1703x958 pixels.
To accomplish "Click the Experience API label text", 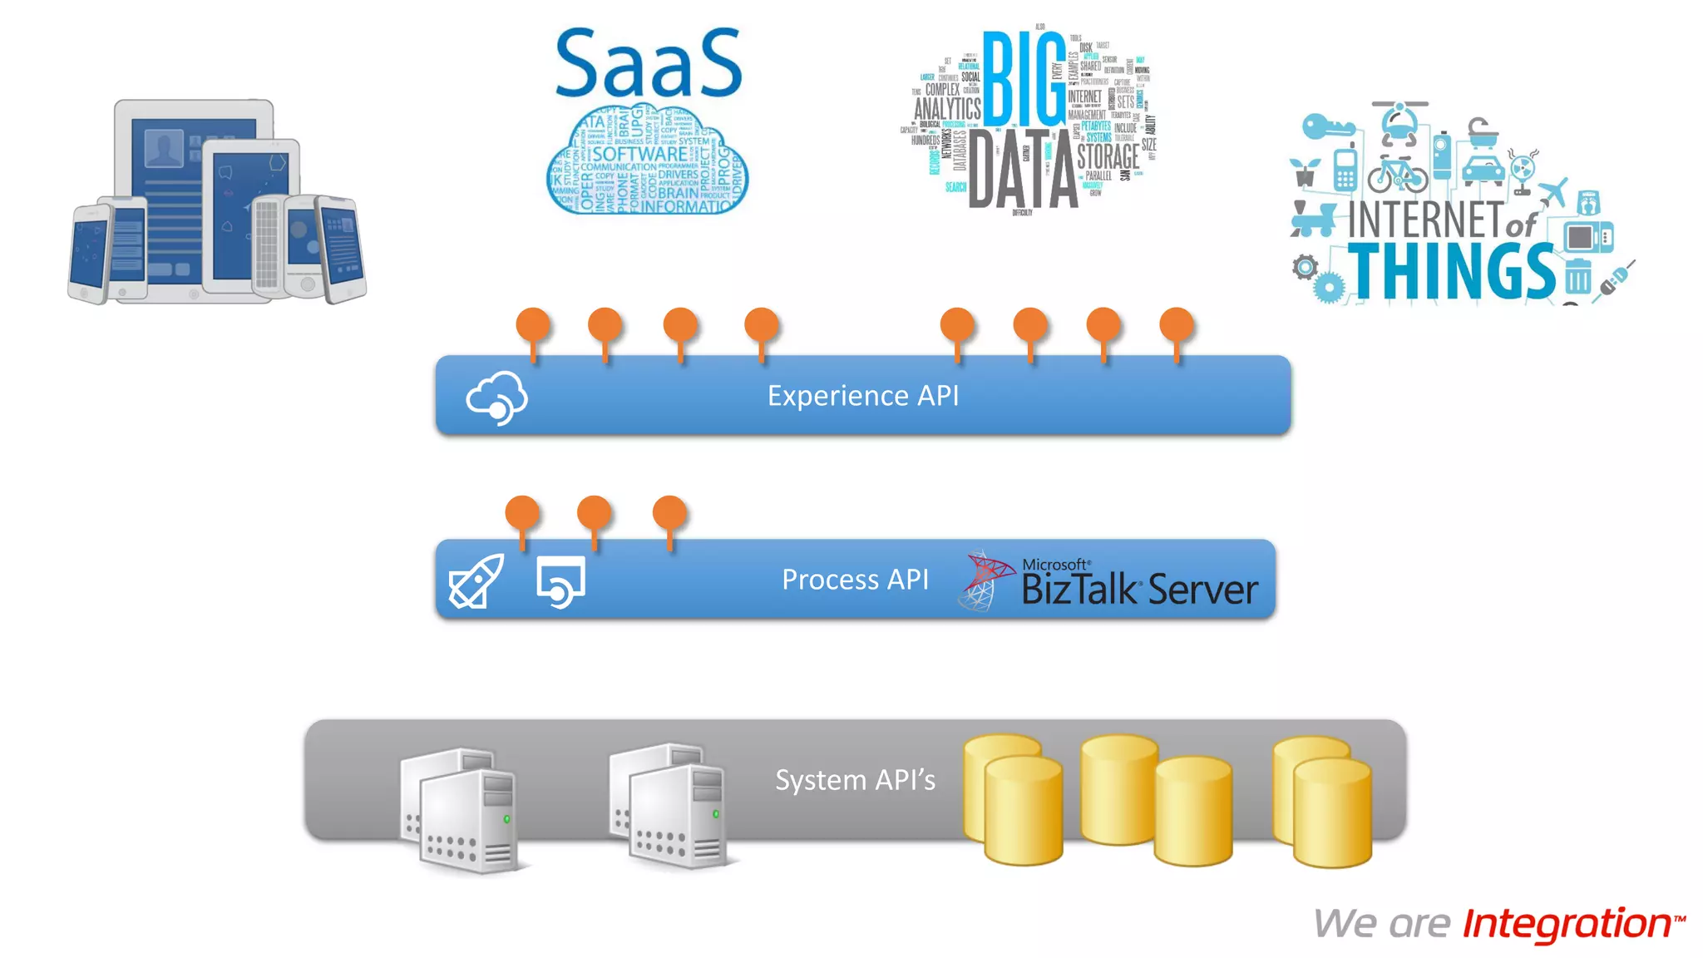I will click(862, 396).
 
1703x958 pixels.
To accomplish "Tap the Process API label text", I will click(854, 580).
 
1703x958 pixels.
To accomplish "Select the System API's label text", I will click(854, 780).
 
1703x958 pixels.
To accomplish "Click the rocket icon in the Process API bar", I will click(476, 581).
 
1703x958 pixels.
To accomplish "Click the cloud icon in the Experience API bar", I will click(496, 398).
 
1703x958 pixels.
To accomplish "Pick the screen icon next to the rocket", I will click(560, 581).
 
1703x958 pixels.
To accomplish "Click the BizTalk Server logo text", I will click(1138, 589).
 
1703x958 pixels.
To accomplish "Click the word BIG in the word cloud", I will click(1024, 78).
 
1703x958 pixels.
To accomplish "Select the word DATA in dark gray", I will click(1024, 170).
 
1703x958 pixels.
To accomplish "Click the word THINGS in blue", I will click(1451, 271).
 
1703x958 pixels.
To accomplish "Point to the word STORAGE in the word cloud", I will click(1108, 156).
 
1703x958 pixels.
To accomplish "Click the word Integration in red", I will click(1567, 924).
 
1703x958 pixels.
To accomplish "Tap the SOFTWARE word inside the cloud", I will click(639, 155).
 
